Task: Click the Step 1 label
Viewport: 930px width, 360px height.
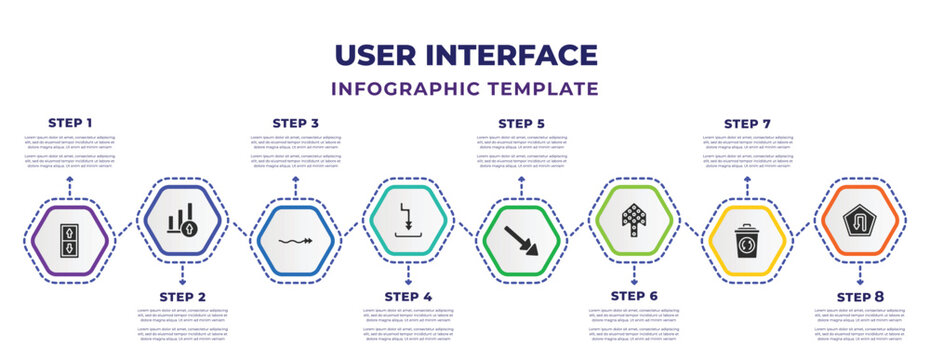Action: click(x=70, y=122)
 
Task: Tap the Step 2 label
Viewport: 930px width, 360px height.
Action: click(x=183, y=296)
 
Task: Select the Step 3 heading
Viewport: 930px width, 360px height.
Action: click(x=296, y=122)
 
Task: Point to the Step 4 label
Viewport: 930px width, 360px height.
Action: click(x=409, y=296)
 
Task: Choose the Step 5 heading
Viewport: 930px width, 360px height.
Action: click(x=522, y=122)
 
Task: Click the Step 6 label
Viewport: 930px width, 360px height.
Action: click(x=634, y=296)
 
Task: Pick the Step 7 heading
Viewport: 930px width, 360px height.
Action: click(x=747, y=122)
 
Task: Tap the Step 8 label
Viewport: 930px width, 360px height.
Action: click(x=860, y=296)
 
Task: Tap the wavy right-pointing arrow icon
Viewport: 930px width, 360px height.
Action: click(x=296, y=241)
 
